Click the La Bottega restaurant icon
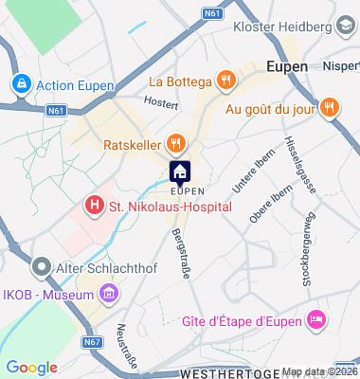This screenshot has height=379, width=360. (225, 80)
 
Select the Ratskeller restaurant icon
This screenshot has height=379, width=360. (174, 145)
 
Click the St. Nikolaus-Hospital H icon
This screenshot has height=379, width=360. (94, 204)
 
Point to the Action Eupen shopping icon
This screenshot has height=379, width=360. (19, 84)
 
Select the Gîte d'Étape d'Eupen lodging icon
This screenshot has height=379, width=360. (317, 322)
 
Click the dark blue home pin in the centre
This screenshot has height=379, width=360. (180, 172)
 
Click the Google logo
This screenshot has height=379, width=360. (31, 368)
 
